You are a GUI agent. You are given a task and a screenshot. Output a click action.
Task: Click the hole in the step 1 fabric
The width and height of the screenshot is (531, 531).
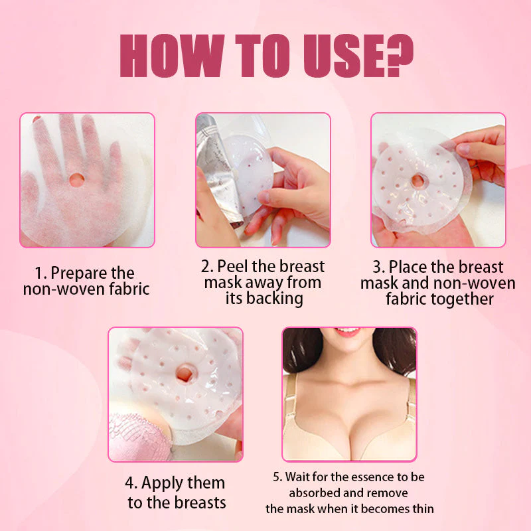77,179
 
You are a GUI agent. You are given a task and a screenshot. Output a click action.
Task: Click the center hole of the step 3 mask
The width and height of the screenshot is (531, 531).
418,181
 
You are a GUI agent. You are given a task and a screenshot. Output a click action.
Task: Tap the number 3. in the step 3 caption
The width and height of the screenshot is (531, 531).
378,267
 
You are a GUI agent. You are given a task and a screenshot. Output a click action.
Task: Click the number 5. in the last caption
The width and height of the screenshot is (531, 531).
278,477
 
